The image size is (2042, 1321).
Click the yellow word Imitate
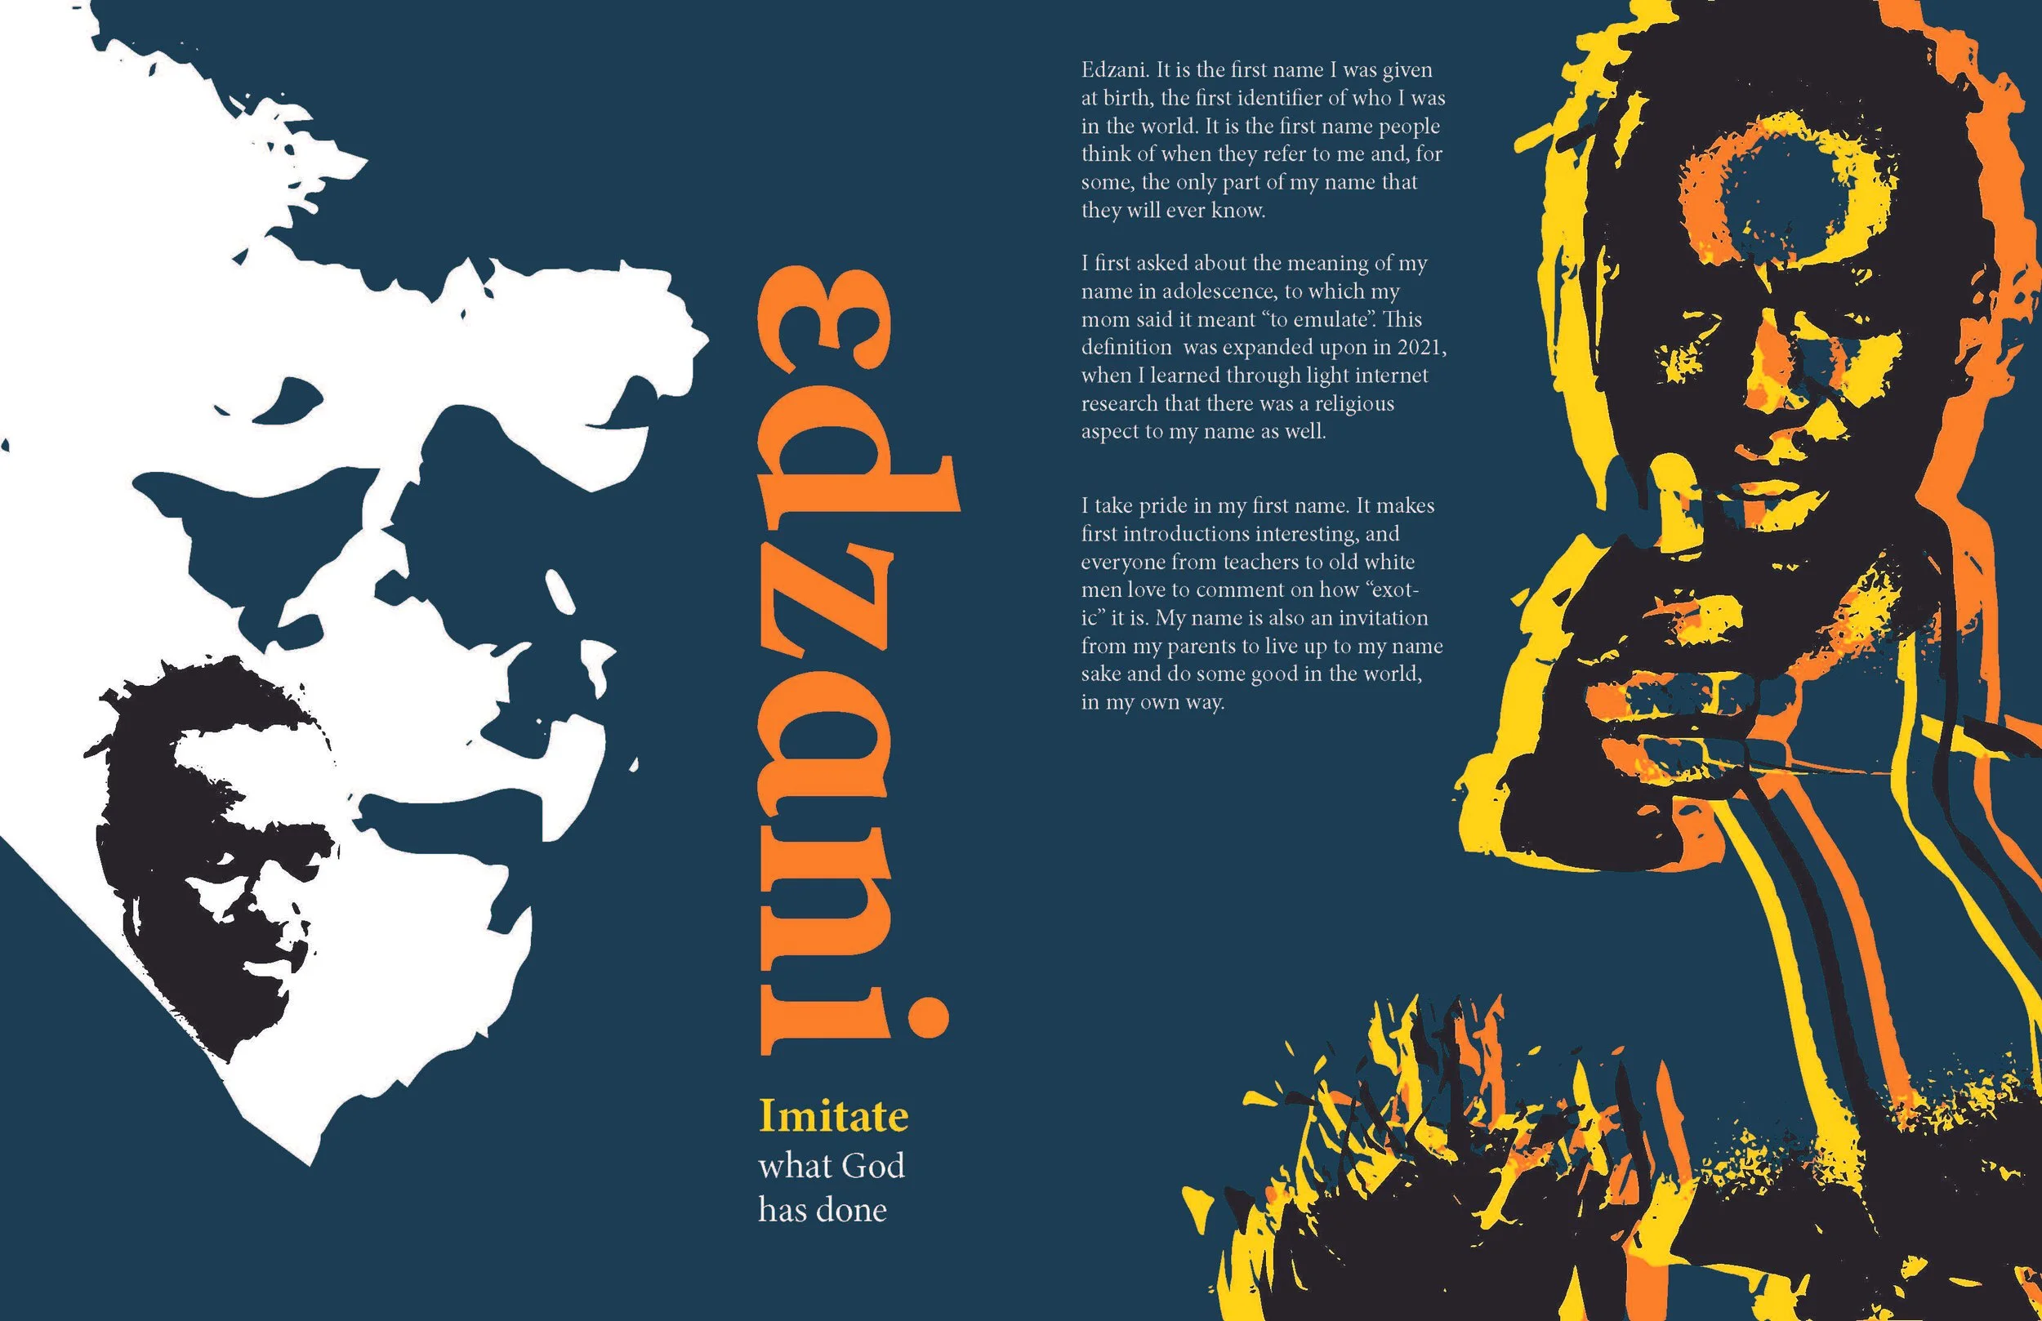pos(833,1117)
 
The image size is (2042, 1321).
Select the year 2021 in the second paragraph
pos(1420,348)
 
